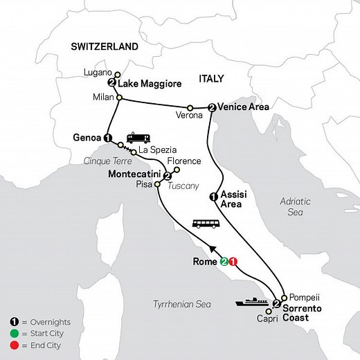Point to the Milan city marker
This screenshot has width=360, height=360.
[x=118, y=98]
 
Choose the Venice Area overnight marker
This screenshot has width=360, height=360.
[x=211, y=107]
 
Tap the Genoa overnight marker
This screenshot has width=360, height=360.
[x=107, y=138]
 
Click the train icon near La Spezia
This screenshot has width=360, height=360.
[x=136, y=138]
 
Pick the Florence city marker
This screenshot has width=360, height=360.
[x=177, y=170]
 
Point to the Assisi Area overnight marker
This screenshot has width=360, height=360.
[x=213, y=197]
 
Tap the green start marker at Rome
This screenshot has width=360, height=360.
[x=224, y=263]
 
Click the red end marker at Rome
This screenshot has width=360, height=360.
[x=234, y=263]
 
